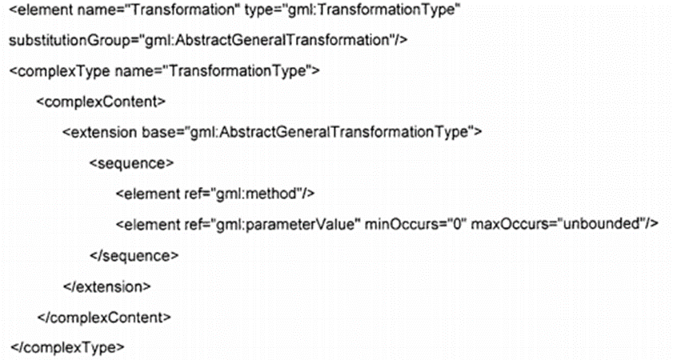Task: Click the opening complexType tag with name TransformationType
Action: [165, 71]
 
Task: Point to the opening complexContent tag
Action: [101, 102]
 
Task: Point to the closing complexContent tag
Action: [103, 316]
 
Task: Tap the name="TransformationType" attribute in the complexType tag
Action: [212, 71]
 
